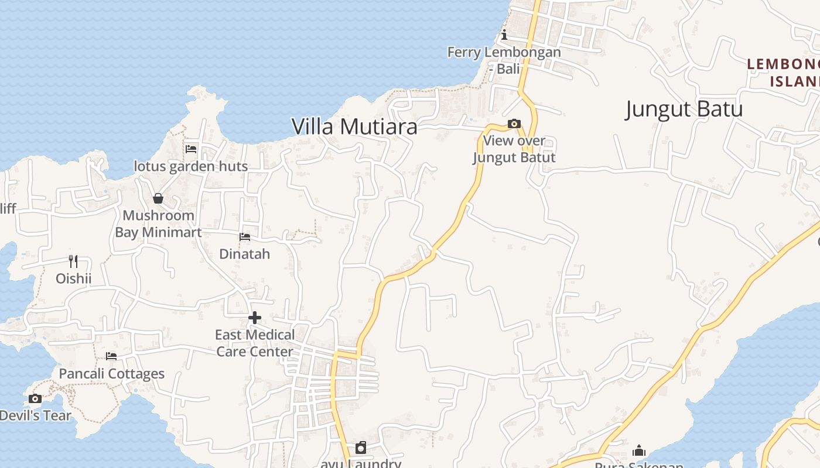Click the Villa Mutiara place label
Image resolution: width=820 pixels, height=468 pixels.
[x=354, y=126]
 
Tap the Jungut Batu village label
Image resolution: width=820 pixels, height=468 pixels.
[x=684, y=109]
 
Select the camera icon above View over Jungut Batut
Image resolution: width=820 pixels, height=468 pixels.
[x=514, y=123]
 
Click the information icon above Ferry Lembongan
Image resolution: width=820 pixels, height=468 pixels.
[x=504, y=35]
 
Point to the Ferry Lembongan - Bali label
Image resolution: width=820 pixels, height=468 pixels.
[x=504, y=60]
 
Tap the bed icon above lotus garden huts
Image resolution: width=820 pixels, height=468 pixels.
[x=191, y=149]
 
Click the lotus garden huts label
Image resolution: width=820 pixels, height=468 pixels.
[x=191, y=166]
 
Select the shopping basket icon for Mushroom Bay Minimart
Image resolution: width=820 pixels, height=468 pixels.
[x=158, y=198]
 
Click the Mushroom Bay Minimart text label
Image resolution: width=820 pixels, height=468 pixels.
[x=158, y=224]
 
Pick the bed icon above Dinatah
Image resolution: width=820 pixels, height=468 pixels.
[x=245, y=237]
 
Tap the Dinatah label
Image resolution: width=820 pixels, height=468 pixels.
[x=245, y=254]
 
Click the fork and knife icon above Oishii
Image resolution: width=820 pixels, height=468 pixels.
[x=73, y=261]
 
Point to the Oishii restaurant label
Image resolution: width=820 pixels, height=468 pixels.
[x=74, y=278]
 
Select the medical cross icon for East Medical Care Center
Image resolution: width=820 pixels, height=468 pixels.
[x=255, y=318]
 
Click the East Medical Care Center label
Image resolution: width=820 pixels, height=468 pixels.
[x=255, y=343]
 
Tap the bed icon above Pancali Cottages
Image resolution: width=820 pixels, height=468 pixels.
[x=111, y=356]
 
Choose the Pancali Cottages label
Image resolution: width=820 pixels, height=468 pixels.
[x=112, y=374]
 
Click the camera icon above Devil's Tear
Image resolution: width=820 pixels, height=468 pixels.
[x=35, y=399]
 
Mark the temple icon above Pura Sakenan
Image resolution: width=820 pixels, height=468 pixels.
[x=639, y=450]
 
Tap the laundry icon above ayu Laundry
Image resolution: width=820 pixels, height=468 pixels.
[x=361, y=448]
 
